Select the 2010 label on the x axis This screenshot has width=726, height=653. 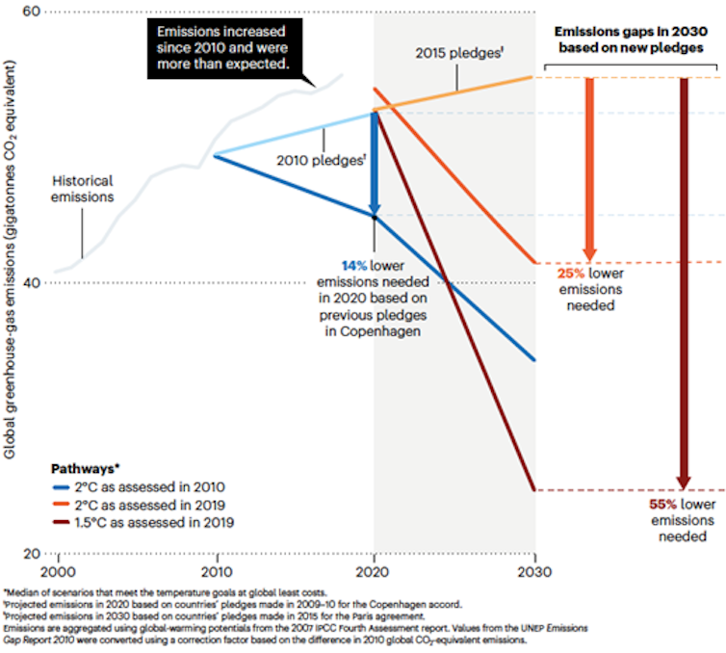[x=216, y=569]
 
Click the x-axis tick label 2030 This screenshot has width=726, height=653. [x=533, y=569]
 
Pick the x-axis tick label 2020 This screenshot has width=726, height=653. [x=375, y=569]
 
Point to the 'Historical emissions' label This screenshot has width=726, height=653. [x=83, y=189]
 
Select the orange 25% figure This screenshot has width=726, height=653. [x=572, y=274]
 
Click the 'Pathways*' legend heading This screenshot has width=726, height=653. [x=86, y=469]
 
